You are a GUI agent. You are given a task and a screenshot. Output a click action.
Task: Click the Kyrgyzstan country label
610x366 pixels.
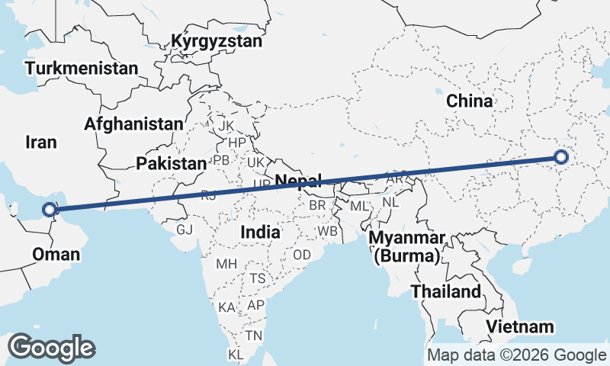(x=217, y=41)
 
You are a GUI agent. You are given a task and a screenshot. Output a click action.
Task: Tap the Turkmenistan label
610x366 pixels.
(x=82, y=69)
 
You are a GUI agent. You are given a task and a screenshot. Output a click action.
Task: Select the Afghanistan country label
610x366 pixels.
(x=134, y=124)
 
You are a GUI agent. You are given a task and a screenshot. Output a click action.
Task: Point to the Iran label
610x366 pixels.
(x=41, y=142)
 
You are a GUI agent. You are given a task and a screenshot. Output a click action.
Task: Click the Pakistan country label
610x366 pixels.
(x=172, y=163)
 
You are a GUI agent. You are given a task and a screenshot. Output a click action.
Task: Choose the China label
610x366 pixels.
(x=469, y=101)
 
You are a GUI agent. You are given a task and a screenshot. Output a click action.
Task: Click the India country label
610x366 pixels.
(x=259, y=231)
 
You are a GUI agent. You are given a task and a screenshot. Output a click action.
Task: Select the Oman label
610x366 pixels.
(x=56, y=254)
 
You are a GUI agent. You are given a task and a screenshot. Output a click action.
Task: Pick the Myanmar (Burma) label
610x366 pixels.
(x=407, y=246)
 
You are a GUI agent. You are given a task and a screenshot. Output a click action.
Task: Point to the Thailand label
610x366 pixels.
(x=446, y=291)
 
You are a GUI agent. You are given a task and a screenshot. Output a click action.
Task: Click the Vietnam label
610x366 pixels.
(x=521, y=327)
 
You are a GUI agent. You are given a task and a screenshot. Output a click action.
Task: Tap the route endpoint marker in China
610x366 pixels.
(x=561, y=158)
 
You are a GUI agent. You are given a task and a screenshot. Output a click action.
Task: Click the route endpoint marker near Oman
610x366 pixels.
(x=49, y=209)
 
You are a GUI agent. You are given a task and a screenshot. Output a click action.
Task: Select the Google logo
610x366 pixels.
(x=51, y=348)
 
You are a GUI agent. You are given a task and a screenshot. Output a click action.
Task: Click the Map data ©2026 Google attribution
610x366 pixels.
(x=516, y=355)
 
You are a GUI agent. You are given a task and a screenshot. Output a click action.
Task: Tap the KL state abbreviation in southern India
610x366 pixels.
(x=237, y=355)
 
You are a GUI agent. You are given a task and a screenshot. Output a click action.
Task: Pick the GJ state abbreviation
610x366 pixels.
(x=185, y=229)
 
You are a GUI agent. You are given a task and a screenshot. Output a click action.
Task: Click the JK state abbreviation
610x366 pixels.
(x=226, y=125)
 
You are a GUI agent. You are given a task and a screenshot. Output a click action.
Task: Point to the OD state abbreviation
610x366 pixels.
(x=301, y=255)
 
